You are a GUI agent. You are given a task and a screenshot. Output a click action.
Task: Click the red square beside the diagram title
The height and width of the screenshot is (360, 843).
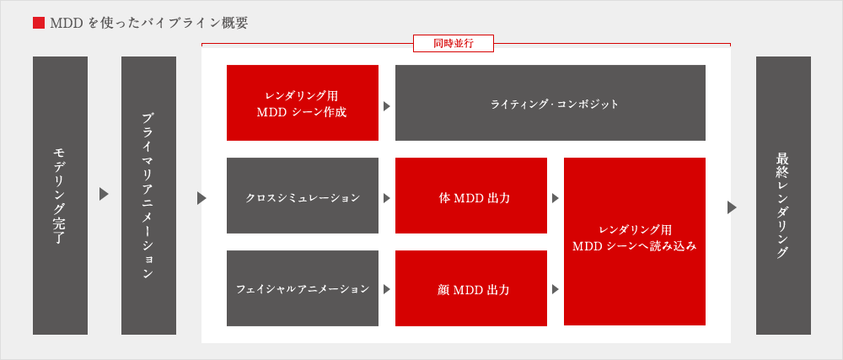pos(39,23)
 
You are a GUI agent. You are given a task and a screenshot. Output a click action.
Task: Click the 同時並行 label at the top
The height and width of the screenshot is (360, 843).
pos(454,44)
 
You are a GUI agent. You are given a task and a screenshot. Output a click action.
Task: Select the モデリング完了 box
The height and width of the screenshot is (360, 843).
pos(60,196)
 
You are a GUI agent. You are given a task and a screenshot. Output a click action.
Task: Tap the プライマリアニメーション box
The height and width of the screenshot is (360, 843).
pos(149,196)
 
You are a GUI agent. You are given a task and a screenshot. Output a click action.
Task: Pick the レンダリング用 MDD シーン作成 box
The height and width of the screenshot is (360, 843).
pos(303,103)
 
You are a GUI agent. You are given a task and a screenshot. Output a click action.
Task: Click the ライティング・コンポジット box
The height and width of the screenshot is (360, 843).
pos(550,103)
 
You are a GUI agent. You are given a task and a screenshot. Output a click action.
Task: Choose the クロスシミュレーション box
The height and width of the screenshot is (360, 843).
pos(303,196)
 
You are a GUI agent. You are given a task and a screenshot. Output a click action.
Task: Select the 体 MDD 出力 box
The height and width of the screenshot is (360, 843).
pos(471,196)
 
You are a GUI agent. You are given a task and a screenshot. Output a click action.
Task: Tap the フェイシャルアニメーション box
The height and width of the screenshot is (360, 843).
pos(303,288)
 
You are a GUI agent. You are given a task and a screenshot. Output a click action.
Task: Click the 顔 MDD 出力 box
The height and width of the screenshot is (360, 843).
pos(471,288)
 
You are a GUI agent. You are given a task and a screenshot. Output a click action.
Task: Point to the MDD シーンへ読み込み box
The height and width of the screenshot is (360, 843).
pos(635,241)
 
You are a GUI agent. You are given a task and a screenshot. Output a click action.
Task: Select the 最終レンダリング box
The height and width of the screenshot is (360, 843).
pos(783,196)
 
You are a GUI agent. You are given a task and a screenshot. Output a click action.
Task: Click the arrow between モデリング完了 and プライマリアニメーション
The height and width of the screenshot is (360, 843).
pos(105,195)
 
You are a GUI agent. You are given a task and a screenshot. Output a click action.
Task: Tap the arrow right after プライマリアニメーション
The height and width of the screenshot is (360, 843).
pos(201,198)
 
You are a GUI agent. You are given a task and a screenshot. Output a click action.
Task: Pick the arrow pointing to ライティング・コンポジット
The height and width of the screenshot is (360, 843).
pos(387,106)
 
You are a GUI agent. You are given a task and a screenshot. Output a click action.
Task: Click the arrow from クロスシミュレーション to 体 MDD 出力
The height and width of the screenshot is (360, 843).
pos(387,198)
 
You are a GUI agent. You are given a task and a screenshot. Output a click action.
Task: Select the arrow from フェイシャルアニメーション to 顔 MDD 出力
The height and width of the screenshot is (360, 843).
pos(387,289)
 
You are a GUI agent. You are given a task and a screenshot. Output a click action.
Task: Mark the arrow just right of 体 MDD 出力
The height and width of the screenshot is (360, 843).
pos(556,198)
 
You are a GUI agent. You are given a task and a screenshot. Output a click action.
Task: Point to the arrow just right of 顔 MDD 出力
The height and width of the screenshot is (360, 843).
pos(556,289)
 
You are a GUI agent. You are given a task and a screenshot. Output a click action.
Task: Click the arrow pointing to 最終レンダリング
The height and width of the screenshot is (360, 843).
pos(732,207)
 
